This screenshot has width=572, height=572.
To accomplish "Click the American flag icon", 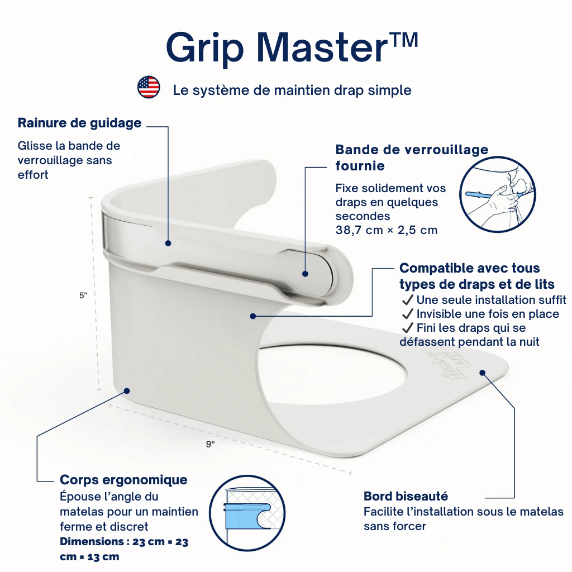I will coord(149,88).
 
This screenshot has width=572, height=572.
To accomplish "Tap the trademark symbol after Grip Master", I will coord(403,43).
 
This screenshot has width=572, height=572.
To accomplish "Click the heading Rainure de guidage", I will coord(79,123).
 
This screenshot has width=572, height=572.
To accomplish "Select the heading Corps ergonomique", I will coord(123,480).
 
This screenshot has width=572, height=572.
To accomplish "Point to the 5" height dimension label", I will coord(83,296).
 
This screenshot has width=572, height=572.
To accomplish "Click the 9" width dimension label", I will coord(210,444).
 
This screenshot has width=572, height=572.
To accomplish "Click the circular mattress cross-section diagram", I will coord(246,513).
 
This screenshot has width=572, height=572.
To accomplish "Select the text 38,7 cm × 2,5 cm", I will coord(386,230).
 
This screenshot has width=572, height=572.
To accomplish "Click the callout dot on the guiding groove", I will coord(168,243).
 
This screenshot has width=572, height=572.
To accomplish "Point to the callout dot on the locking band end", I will coord(305,274).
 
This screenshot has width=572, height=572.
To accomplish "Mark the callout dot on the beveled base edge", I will coord(483,371).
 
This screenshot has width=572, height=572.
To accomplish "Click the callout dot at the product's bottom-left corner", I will coord(127,391).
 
